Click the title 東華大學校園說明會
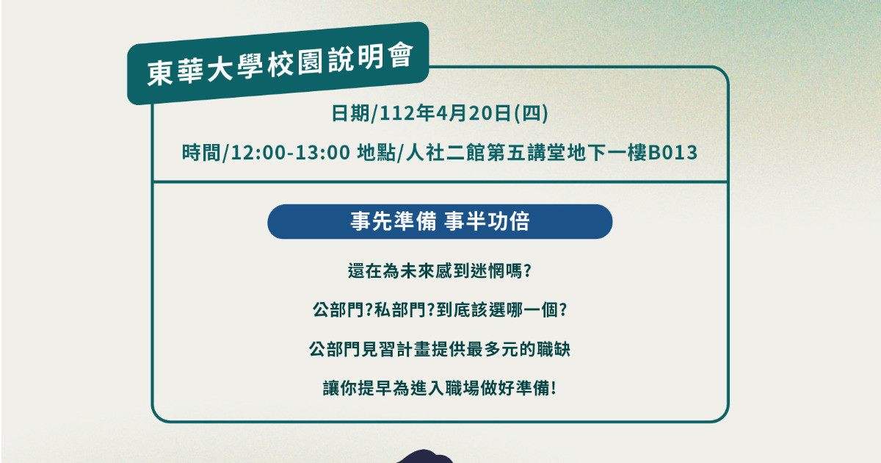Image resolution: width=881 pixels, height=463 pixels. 280,65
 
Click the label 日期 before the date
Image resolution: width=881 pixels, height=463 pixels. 350,113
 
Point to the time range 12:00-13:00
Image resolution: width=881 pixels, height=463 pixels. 291,153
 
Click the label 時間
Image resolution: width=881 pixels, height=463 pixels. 200,153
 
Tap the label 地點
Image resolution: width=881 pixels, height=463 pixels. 376,153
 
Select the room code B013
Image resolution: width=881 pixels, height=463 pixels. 672,153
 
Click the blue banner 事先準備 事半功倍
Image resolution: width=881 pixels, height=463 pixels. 440,221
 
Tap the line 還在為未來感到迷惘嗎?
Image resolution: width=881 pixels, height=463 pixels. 440,271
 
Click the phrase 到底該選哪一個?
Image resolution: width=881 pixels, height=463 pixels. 502,310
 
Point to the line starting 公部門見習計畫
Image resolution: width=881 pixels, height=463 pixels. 440,349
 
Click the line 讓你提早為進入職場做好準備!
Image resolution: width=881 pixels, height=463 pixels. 440,388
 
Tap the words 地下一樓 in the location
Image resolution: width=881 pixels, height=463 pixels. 607,153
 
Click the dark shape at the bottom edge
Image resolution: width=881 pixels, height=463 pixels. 424,456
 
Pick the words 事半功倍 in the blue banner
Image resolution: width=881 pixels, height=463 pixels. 487,221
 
